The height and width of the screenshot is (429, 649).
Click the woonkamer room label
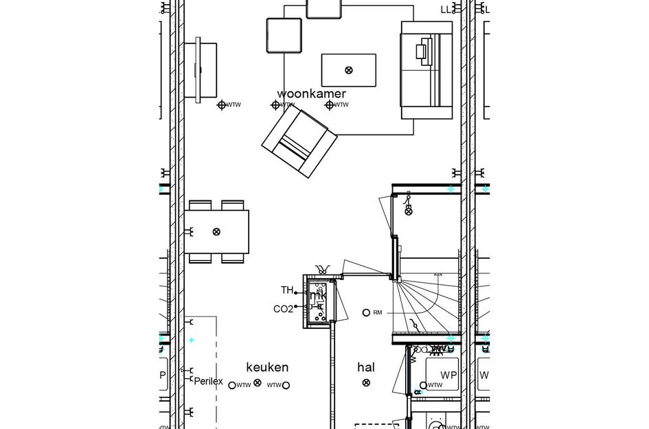tap(311, 93)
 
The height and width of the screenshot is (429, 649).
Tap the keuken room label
tap(267, 367)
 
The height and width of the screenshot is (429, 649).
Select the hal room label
tap(366, 367)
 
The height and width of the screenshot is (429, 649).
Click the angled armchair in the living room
tap(299, 141)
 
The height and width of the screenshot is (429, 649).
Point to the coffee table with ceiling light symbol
tap(349, 70)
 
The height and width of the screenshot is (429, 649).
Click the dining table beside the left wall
tap(216, 232)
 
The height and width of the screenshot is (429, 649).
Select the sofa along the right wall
tap(426, 71)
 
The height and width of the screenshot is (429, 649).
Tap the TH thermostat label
tap(287, 290)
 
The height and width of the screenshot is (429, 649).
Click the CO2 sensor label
tap(283, 310)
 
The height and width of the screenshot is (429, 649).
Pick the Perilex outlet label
tap(208, 381)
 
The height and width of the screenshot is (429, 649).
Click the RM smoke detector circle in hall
tap(366, 313)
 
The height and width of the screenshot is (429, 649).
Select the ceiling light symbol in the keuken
tap(258, 383)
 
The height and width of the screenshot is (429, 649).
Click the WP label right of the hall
tap(449, 375)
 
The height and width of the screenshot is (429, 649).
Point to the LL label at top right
tap(446, 10)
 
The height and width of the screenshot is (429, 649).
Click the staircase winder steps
tap(419, 302)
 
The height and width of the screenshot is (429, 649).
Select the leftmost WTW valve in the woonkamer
tap(222, 105)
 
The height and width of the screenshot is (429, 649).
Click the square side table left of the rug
tap(284, 35)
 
